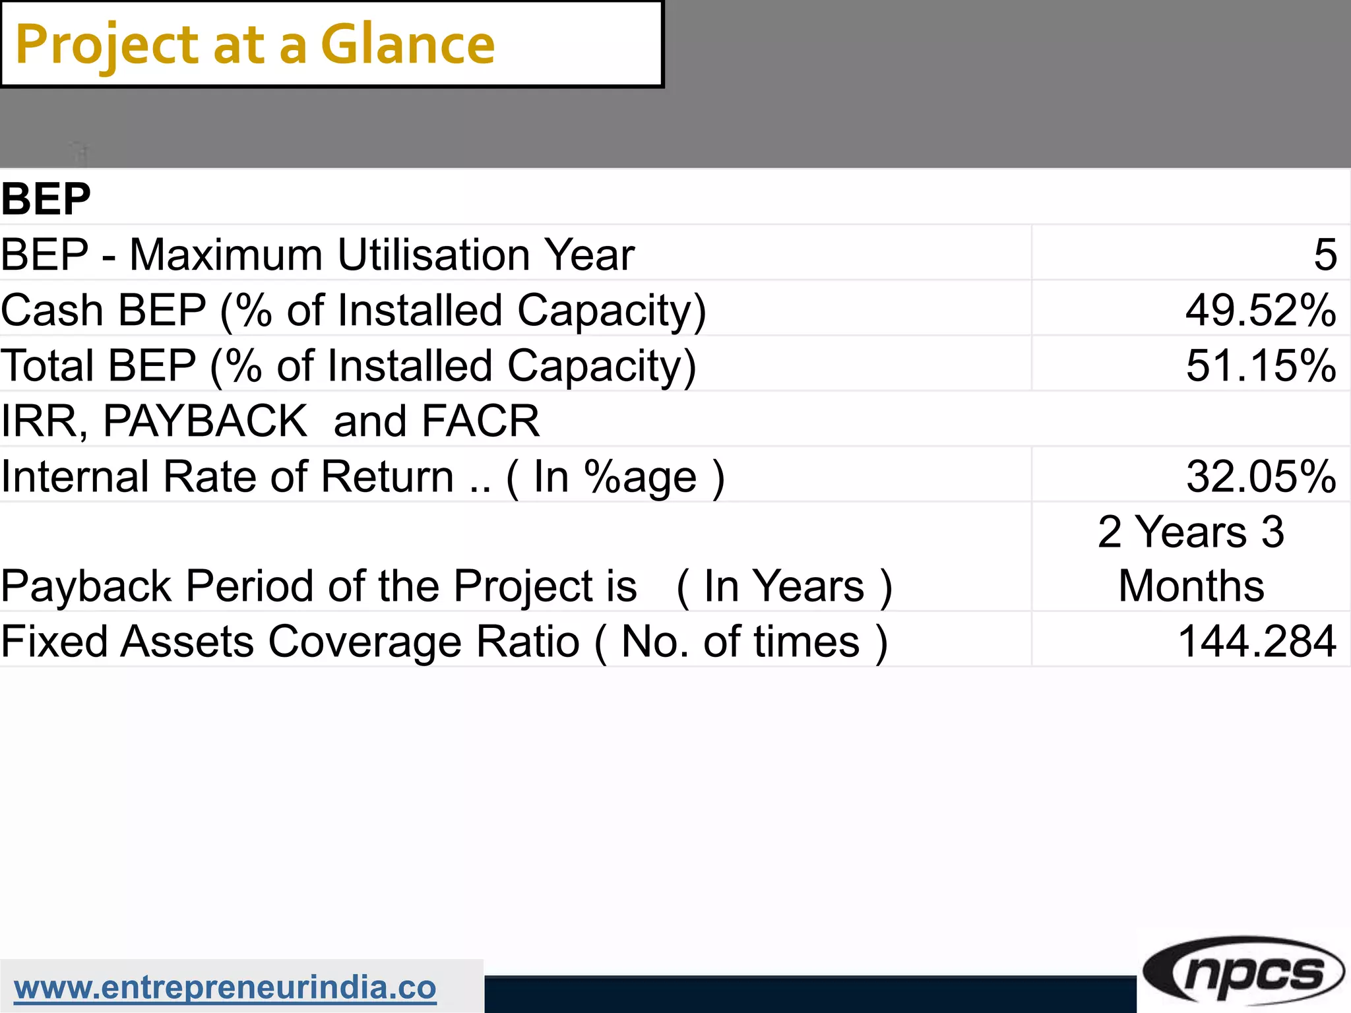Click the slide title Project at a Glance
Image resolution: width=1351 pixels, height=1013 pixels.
[x=255, y=45]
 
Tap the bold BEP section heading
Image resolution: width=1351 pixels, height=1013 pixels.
[x=46, y=199]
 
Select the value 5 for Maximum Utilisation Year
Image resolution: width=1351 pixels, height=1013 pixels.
[x=1325, y=255]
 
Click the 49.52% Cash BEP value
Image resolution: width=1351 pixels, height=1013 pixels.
[x=1261, y=310]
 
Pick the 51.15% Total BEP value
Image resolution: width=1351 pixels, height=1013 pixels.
[x=1261, y=365]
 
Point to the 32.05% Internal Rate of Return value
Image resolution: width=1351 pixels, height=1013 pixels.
[x=1261, y=476]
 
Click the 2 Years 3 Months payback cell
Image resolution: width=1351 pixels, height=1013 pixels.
[x=1191, y=558]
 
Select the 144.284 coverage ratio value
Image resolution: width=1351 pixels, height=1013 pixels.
[x=1257, y=642]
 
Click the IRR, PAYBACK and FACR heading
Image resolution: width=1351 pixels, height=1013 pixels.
[x=270, y=421]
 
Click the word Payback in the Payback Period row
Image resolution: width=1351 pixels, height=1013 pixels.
[x=86, y=586]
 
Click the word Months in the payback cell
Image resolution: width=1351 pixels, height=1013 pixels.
[x=1191, y=586]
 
